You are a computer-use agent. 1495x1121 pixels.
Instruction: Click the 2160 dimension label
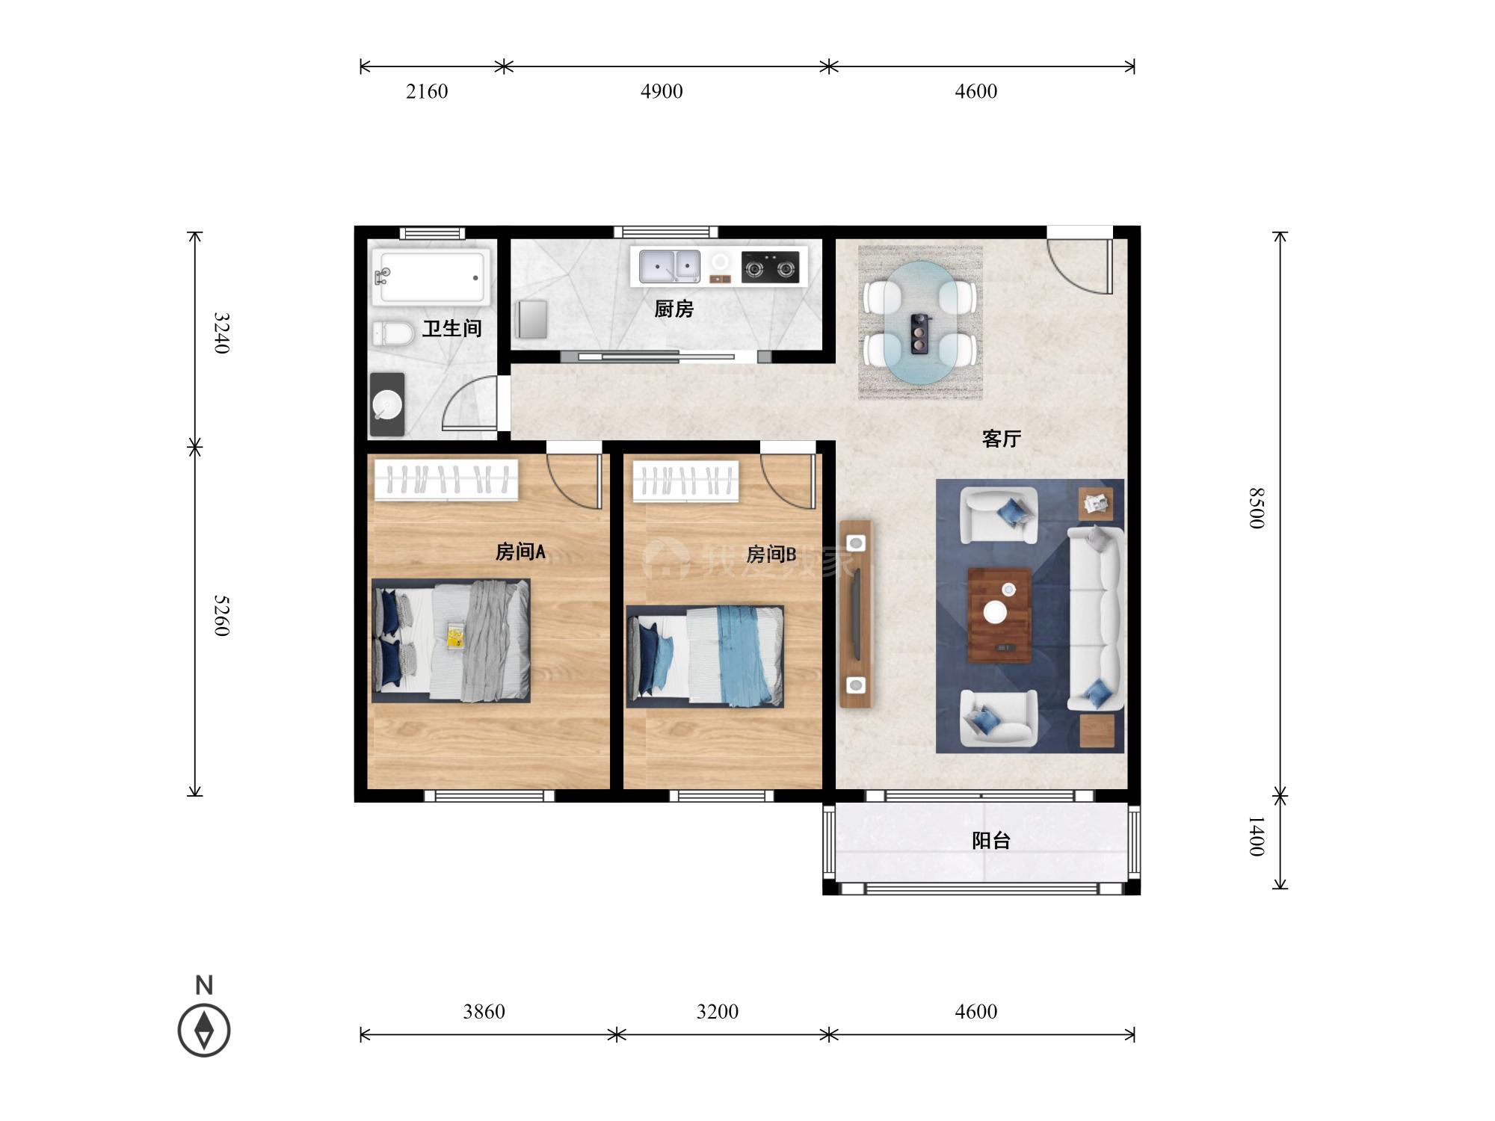coord(427,91)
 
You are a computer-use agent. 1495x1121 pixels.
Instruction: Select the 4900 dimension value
coord(662,91)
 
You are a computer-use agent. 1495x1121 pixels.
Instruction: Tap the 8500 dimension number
coord(1257,508)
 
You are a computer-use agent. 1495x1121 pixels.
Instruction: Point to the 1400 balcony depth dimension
coord(1257,836)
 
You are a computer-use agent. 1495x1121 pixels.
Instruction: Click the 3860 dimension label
coord(484,1012)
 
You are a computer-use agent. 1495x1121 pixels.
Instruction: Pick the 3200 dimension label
coord(718,1012)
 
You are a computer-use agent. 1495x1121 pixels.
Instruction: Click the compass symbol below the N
coord(204,1031)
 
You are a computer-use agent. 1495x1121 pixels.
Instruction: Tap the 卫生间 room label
coord(451,328)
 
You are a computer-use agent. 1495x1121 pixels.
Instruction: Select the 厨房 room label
coord(673,309)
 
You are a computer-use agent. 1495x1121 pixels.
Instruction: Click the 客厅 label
coord(1002,439)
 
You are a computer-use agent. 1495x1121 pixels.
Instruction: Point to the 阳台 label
coord(991,841)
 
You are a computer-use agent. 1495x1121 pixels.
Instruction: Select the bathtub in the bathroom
coord(431,277)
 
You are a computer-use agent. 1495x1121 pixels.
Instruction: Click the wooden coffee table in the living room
coord(999,615)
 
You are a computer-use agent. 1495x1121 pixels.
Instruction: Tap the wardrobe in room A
coord(447,479)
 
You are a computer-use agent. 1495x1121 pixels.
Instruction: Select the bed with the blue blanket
coord(705,656)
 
